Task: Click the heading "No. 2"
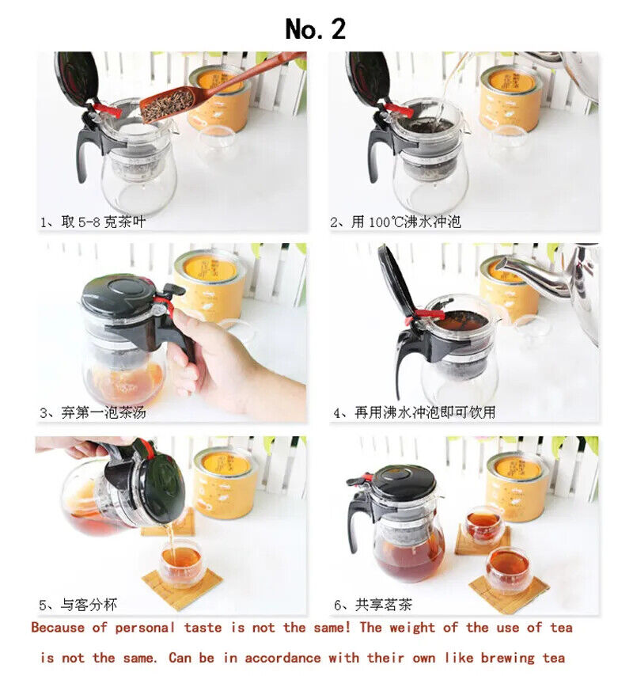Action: pos(316,29)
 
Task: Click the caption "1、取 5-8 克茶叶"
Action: pos(93,222)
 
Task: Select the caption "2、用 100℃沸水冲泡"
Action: pos(396,222)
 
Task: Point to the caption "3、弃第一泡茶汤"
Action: pos(93,412)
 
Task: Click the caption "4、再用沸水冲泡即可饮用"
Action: pos(414,412)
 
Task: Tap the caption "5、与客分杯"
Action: pos(78,605)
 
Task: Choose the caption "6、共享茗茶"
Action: pos(373,605)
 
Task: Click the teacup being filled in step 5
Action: pos(181,564)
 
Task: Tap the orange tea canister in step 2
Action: pos(510,98)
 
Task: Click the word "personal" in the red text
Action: pos(145,628)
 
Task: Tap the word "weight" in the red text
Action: pos(412,628)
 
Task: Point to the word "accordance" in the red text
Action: pos(282,658)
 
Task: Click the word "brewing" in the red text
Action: pos(507,659)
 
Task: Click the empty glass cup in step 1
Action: pos(217,144)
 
